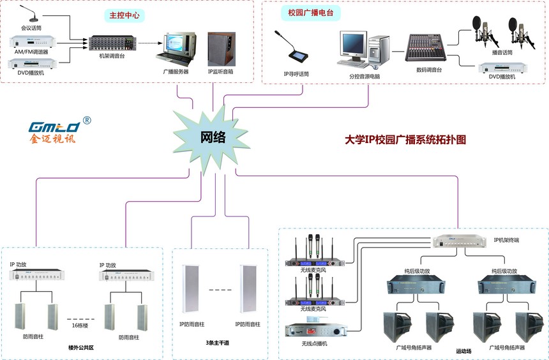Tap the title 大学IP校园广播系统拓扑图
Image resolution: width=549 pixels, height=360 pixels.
pos(405,139)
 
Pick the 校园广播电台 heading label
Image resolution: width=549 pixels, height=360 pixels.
pos(311,13)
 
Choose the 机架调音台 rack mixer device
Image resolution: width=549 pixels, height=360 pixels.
pos(112,42)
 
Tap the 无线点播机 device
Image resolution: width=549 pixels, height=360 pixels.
pos(315,331)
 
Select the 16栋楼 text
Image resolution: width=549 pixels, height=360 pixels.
pos(81,326)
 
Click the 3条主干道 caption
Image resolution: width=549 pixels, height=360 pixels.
pos(218,342)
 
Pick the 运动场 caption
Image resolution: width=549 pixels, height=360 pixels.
pos(463,351)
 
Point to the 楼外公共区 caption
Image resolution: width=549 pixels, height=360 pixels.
pos(81,348)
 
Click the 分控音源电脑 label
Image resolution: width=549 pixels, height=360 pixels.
pos(365,76)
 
